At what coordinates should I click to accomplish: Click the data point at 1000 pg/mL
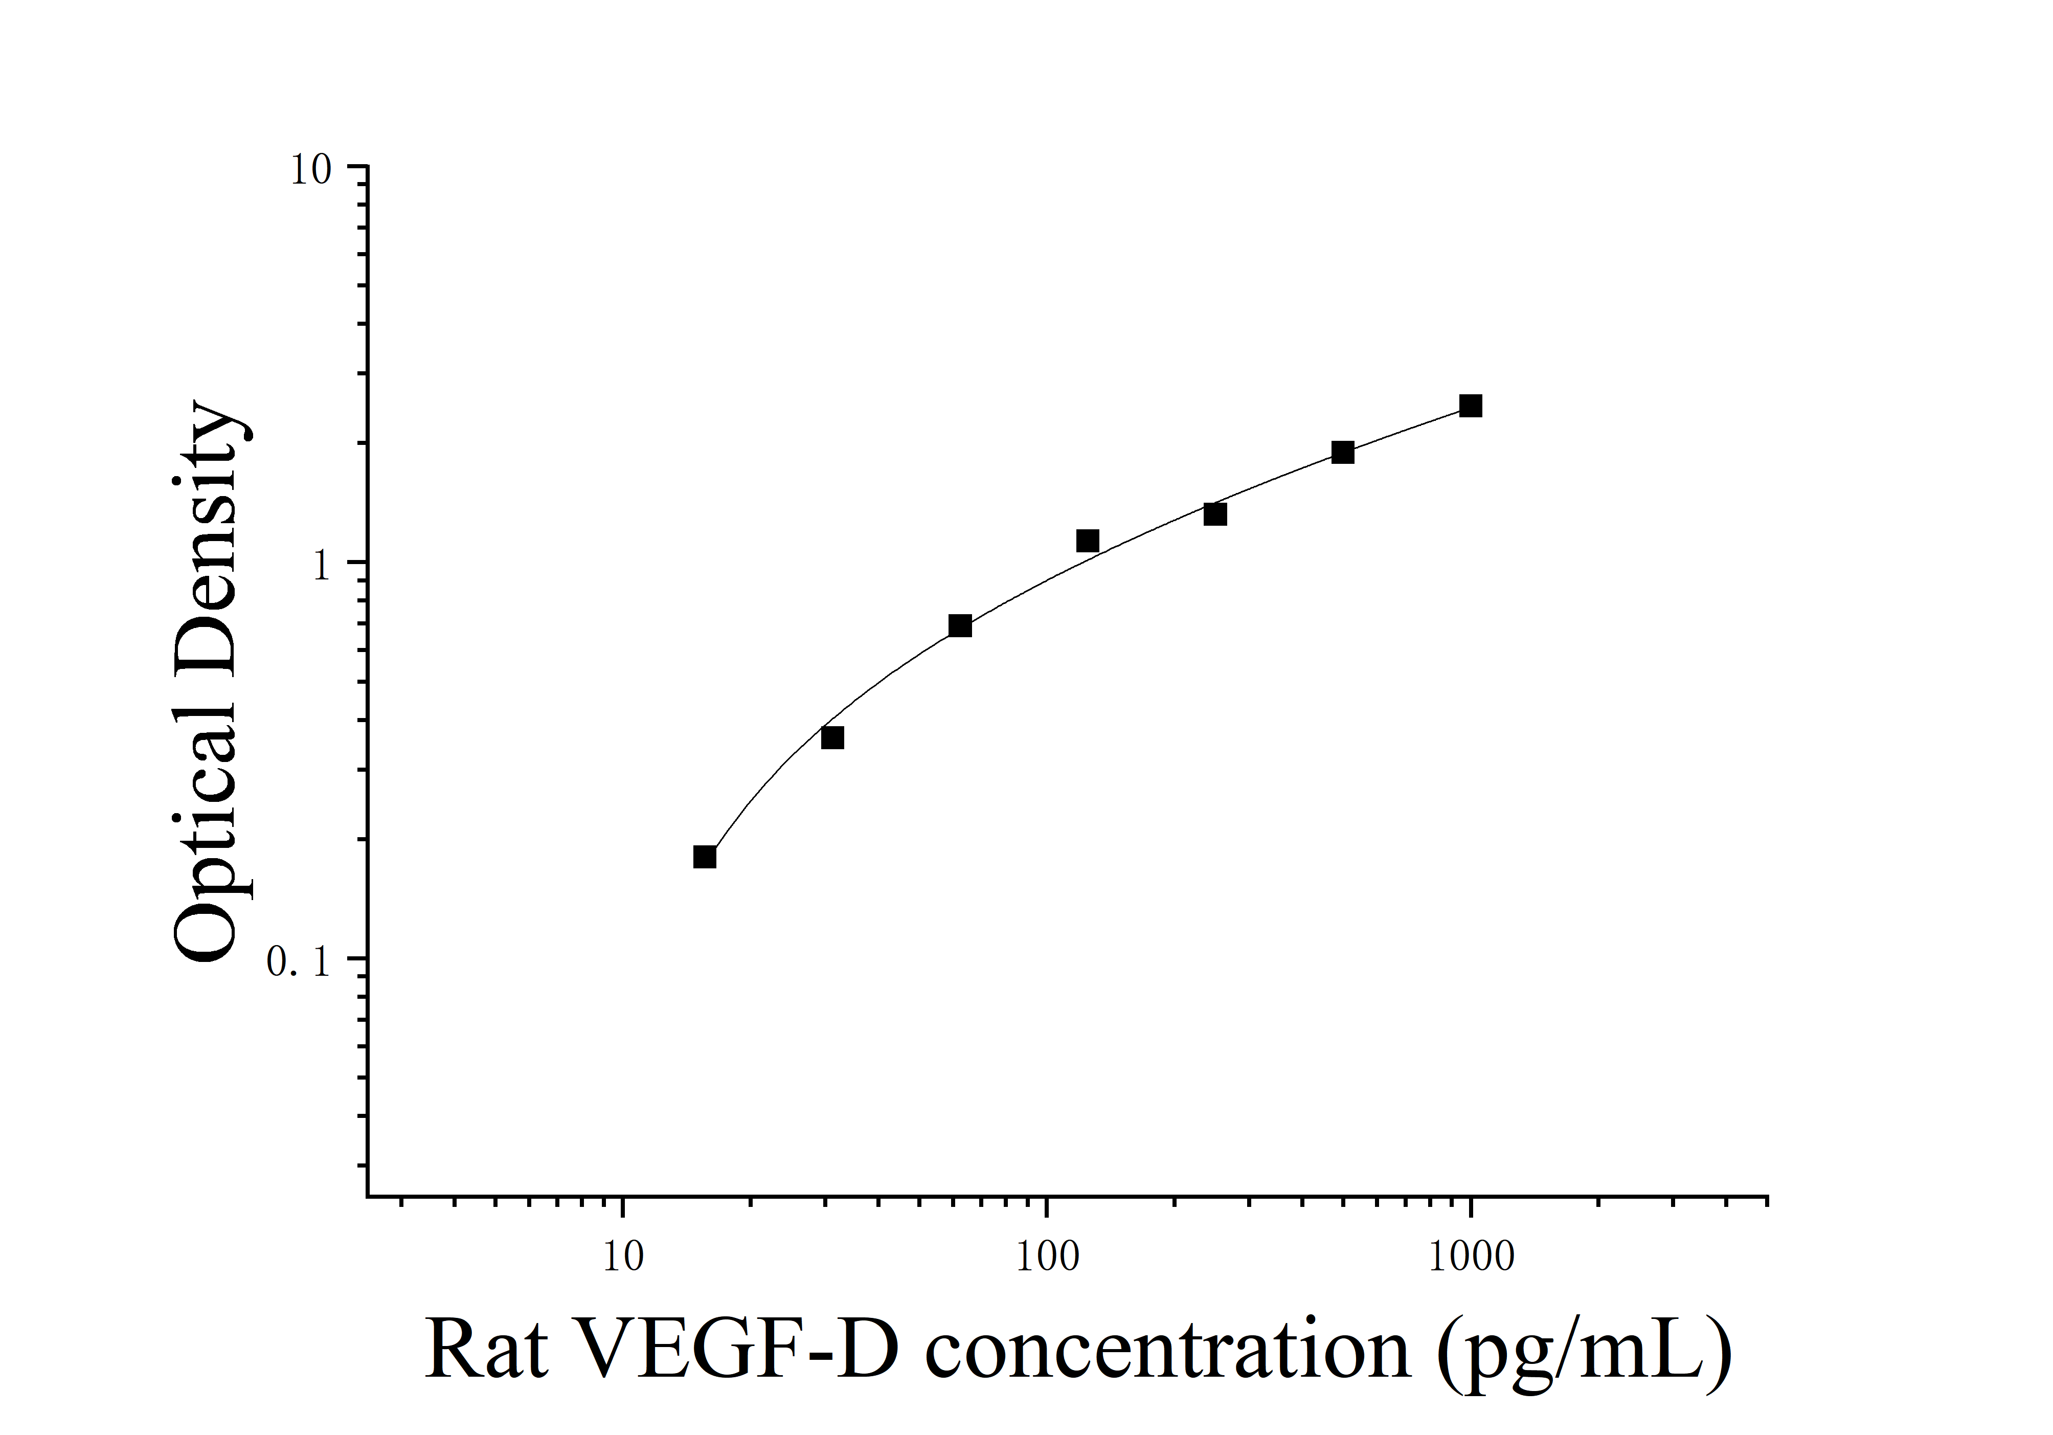coord(1470,407)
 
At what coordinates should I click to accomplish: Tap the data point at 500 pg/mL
coord(1342,453)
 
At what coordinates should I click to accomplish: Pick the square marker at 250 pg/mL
coord(1214,514)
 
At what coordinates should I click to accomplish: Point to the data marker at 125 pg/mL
coord(1087,541)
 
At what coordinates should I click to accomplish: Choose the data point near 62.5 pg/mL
coord(959,626)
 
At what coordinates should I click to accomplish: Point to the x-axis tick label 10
coord(622,1258)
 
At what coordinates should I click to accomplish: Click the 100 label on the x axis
coord(1047,1258)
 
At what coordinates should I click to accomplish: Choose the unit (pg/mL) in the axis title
coord(1583,1352)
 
